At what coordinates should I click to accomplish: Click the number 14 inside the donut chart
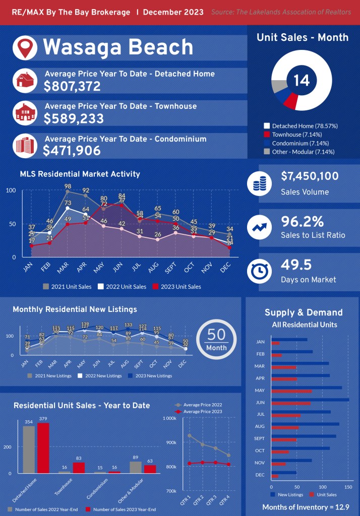(302, 80)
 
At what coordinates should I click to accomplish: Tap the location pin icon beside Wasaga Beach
(24, 47)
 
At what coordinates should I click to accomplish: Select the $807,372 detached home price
(72, 86)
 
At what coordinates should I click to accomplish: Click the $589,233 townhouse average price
(74, 118)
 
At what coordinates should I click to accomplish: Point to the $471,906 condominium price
(72, 151)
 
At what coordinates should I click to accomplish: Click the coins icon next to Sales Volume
(260, 184)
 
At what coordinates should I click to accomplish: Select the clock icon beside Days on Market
(260, 271)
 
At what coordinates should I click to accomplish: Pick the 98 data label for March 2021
(68, 186)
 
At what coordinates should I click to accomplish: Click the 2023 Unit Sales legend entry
(176, 287)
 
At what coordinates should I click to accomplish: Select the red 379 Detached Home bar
(43, 448)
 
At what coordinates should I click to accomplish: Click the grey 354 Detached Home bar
(29, 449)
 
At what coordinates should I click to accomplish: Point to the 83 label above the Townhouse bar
(79, 458)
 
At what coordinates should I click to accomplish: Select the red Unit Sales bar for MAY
(291, 391)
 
